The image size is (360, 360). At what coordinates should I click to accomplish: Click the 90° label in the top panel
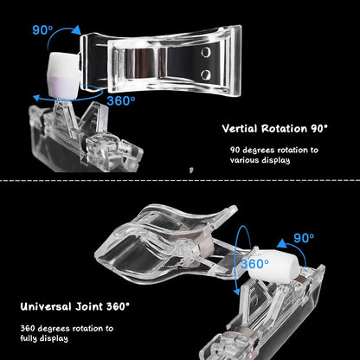tap(42, 30)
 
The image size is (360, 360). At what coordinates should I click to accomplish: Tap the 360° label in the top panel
tap(121, 101)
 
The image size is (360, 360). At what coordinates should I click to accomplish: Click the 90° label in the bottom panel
tap(304, 238)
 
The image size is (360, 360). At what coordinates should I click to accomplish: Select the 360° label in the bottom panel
tap(254, 264)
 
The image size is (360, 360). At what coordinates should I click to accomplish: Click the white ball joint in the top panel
tap(64, 75)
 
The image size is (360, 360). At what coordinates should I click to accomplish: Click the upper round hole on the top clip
tap(206, 52)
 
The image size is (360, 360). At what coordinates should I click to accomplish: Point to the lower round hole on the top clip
tap(206, 74)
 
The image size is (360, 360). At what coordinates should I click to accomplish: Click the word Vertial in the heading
tap(240, 129)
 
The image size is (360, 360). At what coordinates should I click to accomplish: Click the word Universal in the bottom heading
tap(46, 306)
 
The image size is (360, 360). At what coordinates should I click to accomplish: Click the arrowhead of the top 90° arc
tap(77, 30)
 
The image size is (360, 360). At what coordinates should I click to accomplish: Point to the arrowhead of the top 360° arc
tap(37, 98)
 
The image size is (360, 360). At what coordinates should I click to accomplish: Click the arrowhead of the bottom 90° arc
tap(283, 244)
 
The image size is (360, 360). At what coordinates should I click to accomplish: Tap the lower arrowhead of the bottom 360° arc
tap(236, 292)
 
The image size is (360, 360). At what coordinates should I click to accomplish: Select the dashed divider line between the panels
tap(180, 181)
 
